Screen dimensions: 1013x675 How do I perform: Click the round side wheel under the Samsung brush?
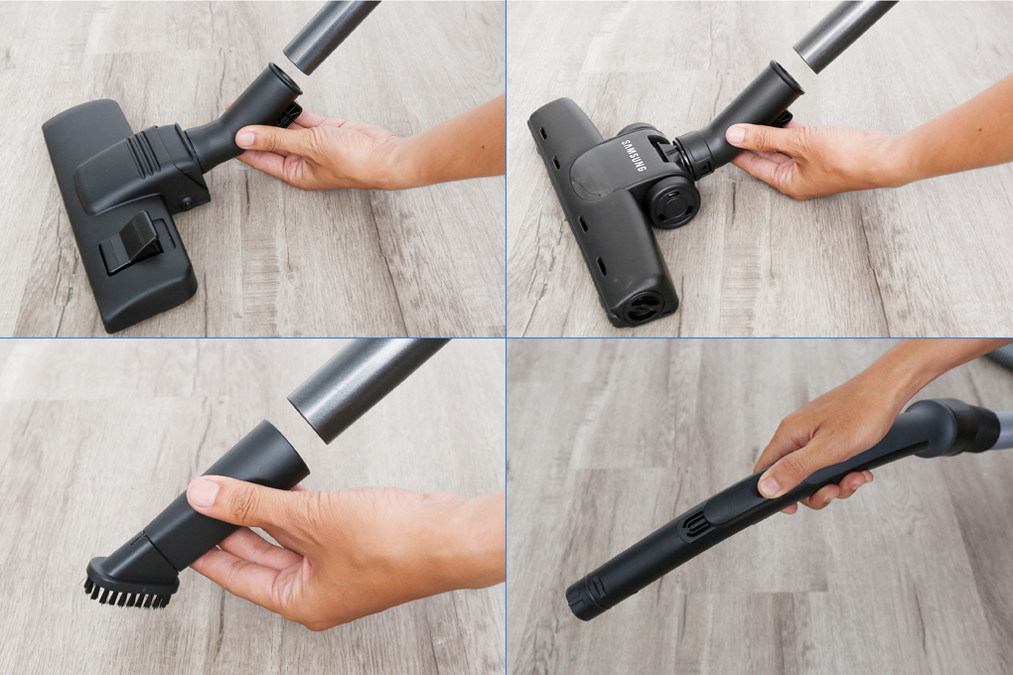coord(673,202)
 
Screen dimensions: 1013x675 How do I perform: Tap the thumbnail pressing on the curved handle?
coord(771,485)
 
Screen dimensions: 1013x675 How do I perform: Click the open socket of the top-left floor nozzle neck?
coord(282,72)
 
